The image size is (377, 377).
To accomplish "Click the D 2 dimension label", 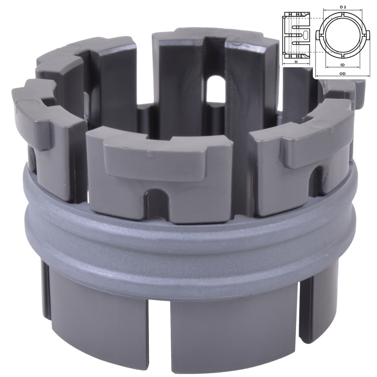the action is pyautogui.click(x=343, y=7).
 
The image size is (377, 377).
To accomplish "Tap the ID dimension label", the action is pyautogui.click(x=343, y=65).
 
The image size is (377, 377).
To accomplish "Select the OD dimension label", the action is pyautogui.click(x=343, y=74).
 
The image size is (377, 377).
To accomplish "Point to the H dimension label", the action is pyautogui.click(x=296, y=62).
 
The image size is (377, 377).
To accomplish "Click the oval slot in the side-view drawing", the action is pyautogui.click(x=305, y=34).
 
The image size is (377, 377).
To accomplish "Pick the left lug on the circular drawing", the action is pyautogui.click(x=318, y=35).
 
